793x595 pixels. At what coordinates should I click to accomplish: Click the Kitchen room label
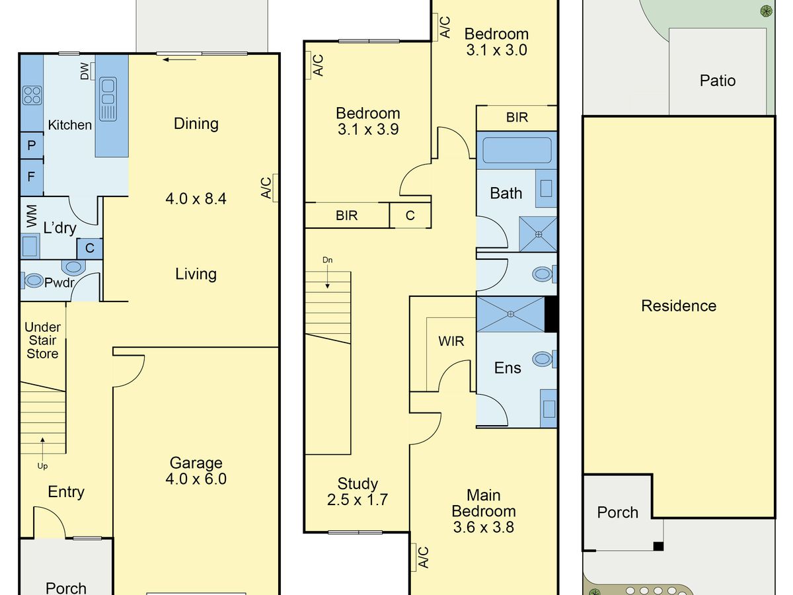click(70, 125)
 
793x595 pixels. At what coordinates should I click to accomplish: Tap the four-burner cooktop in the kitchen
click(32, 95)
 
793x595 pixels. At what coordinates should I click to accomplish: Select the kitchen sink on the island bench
click(108, 99)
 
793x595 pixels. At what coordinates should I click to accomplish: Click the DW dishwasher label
click(84, 71)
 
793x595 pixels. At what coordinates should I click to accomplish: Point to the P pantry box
click(32, 145)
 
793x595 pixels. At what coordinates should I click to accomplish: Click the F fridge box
click(32, 177)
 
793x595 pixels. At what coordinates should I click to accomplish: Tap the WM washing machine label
click(32, 216)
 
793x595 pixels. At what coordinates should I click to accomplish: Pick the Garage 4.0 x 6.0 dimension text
click(196, 479)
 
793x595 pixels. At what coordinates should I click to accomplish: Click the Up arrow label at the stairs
click(42, 465)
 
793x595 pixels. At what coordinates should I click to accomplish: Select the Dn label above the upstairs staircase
click(327, 260)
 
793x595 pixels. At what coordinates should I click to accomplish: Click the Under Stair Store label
click(43, 340)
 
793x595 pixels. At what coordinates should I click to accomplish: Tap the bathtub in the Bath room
click(517, 150)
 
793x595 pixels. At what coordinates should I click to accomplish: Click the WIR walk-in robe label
click(451, 341)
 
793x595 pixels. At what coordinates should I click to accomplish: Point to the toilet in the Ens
click(544, 359)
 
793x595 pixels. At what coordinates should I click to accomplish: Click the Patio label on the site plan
click(718, 81)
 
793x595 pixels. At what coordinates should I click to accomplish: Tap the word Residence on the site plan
click(679, 306)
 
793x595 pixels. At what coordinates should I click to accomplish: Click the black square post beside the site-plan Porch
click(658, 546)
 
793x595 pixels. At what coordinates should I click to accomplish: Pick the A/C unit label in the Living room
click(266, 188)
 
